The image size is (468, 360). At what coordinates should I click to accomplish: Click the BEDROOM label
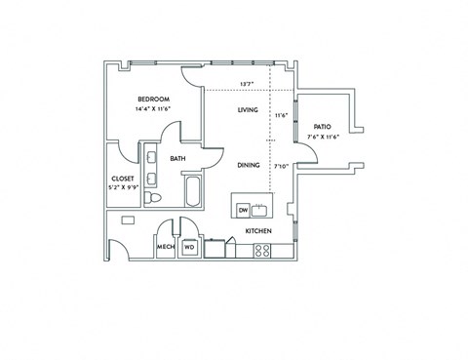(x=154, y=100)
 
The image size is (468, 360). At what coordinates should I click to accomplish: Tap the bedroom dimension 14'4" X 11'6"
(x=154, y=109)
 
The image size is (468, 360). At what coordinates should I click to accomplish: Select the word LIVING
(x=248, y=110)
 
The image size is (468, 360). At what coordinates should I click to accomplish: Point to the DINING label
(x=248, y=165)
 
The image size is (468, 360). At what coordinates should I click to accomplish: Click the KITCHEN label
(x=257, y=230)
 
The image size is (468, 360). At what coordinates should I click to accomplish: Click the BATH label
(x=178, y=158)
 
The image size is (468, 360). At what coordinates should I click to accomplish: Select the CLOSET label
(x=123, y=179)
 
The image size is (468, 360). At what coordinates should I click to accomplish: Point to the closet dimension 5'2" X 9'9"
(x=123, y=187)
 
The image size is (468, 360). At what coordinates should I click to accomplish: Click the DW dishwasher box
(x=243, y=210)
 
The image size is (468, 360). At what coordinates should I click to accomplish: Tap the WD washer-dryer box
(x=189, y=248)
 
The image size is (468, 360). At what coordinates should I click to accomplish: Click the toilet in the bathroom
(x=153, y=199)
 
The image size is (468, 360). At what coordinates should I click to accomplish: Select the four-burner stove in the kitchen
(x=262, y=250)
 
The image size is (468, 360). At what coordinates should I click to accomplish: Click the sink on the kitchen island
(x=260, y=210)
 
